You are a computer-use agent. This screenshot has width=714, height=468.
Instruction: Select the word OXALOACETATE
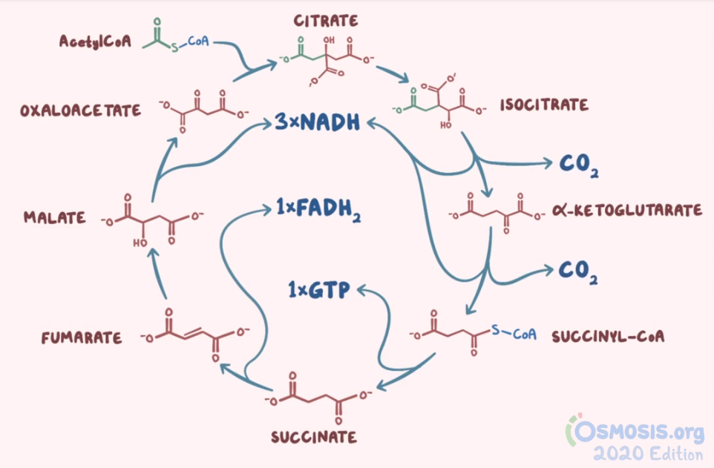(x=81, y=111)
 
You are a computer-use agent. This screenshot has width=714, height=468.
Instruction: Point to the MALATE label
(x=54, y=218)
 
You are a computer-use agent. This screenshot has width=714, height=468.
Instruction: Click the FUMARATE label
(x=82, y=338)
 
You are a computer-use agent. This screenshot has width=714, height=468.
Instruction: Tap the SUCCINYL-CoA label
(x=609, y=336)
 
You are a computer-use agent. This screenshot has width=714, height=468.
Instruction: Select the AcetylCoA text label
(x=95, y=42)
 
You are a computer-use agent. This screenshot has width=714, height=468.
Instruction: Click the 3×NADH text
(x=317, y=122)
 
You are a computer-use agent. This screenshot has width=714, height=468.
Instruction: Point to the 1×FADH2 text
(x=319, y=211)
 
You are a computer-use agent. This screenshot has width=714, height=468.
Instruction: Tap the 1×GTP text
(x=319, y=289)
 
